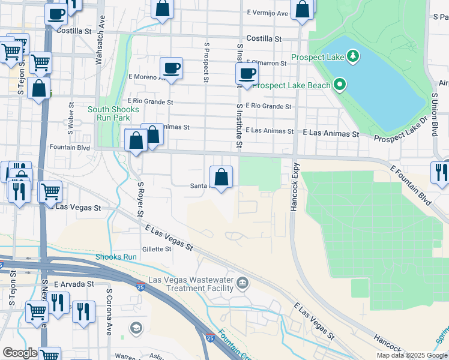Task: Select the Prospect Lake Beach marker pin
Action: pos(340,85)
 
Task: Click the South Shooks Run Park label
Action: pos(113,113)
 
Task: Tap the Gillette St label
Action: pos(157,249)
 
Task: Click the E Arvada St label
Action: pos(74,283)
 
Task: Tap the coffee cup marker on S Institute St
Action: pos(246,74)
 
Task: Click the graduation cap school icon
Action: pos(136,327)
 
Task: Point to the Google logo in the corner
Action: pos(20,353)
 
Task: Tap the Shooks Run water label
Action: pos(116,257)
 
